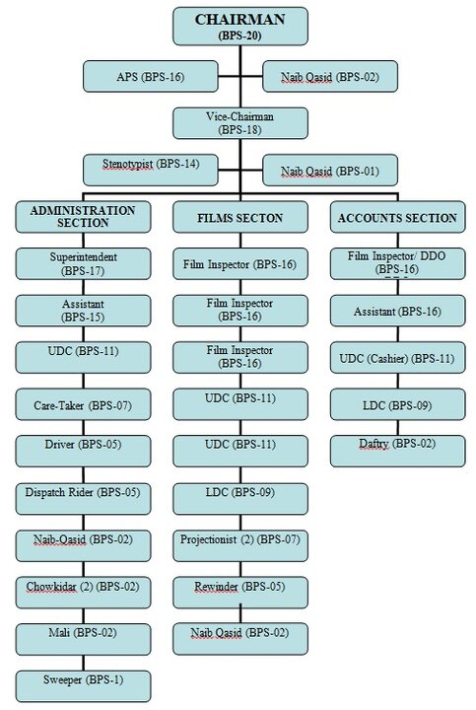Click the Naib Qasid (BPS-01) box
coord(329,171)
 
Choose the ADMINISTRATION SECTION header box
coord(83,217)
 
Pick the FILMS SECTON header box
coord(240,217)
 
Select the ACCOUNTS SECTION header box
coord(396,217)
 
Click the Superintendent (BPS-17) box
coord(83,263)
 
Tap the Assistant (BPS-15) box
coord(83,312)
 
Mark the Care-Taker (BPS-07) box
coord(83,404)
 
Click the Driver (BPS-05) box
coord(83,444)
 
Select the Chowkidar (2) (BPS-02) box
coord(83,588)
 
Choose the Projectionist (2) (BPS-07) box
coord(240,540)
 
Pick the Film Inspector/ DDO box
coord(396,263)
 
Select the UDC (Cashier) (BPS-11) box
coord(396,357)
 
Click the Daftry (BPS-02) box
coord(396,446)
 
